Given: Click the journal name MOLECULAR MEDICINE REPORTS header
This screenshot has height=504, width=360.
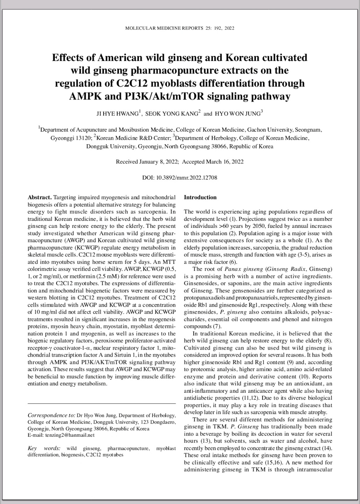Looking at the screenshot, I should tap(164, 28).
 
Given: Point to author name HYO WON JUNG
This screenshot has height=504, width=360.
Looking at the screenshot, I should tap(238, 114).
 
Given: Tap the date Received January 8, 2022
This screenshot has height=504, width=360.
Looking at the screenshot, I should tap(147, 162).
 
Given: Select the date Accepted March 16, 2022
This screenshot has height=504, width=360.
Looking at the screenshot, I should tap(213, 162).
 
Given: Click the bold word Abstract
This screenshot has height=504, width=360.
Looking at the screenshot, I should tap(40, 197).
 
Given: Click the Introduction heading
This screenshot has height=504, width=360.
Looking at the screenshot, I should tap(200, 197).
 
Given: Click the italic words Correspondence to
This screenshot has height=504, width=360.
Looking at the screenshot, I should tap(51, 415).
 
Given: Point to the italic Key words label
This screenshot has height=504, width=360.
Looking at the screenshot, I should tap(43, 448).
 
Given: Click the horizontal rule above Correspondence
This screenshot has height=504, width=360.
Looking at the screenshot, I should tap(102, 404).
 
